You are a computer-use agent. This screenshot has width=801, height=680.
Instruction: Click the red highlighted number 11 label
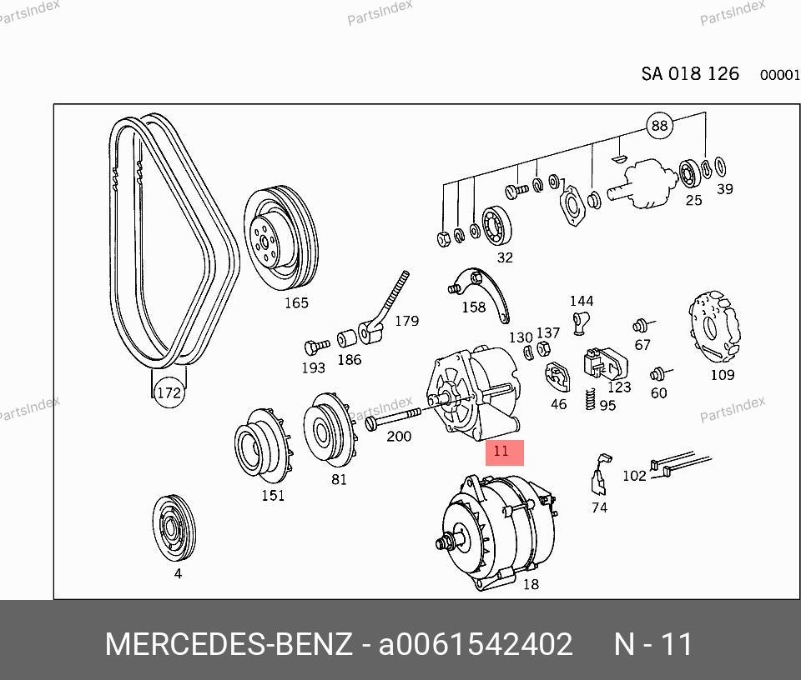pyautogui.click(x=504, y=452)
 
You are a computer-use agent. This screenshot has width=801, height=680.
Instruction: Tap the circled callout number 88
pyautogui.click(x=659, y=125)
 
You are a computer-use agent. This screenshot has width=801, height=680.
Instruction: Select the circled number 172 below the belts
pyautogui.click(x=169, y=392)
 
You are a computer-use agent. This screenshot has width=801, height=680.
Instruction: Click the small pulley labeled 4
pyautogui.click(x=174, y=528)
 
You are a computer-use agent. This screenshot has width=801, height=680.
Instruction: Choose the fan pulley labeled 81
pyautogui.click(x=329, y=430)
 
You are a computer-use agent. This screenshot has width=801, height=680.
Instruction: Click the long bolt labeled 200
pyautogui.click(x=393, y=417)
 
